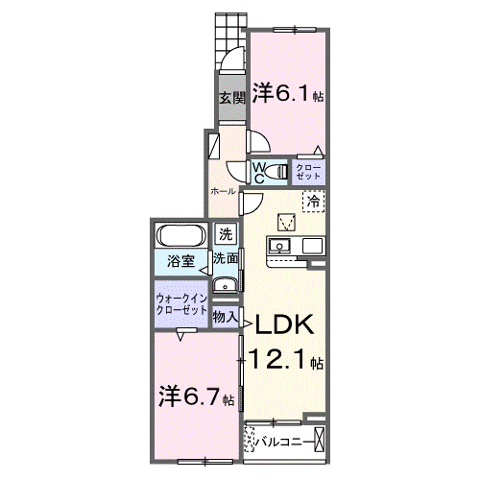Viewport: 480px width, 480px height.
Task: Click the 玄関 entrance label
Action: click(229, 98)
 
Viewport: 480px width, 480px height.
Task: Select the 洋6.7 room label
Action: click(190, 395)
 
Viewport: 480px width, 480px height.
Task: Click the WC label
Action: click(260, 172)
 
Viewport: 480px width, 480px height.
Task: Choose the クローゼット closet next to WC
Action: click(309, 172)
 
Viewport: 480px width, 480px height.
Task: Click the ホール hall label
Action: click(223, 192)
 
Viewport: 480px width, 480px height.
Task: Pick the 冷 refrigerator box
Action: click(314, 201)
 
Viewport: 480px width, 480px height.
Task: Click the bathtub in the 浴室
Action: click(180, 236)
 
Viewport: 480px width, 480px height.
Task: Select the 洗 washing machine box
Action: click(225, 233)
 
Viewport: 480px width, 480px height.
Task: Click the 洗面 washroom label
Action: click(226, 258)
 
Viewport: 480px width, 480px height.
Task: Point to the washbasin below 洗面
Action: click(226, 283)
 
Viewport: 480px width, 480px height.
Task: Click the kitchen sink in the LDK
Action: click(281, 247)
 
